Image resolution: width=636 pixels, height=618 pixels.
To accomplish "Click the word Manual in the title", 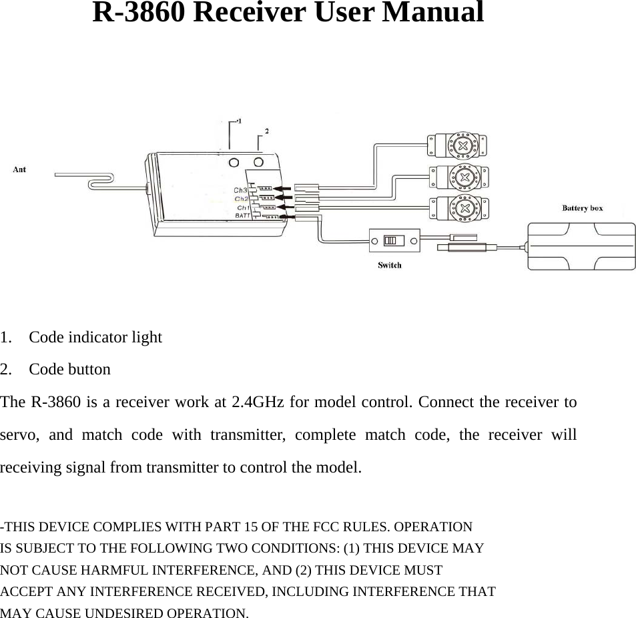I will pos(433,13).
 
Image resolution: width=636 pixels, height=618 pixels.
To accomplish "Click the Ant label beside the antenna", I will pos(20,170).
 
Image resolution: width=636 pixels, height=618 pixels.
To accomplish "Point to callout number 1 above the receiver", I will pos(240,121).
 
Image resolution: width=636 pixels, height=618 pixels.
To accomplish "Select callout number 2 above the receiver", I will pos(268,131).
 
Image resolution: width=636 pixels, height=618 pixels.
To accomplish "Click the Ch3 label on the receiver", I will pos(240,190).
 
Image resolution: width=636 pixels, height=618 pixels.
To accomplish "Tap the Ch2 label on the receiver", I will pos(241,199).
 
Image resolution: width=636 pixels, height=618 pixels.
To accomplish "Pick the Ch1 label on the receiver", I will pos(244,208).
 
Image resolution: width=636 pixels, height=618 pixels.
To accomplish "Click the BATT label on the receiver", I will pos(243,216).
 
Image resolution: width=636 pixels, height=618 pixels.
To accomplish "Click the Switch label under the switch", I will pos(390,265).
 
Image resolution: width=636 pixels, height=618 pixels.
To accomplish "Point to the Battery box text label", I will pos(582,208).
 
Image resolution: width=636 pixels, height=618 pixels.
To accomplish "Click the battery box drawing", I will pos(581,246).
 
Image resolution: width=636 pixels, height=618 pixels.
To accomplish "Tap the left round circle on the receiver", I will pos(234,162).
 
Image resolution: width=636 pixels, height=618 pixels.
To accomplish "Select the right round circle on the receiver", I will pos(258,162).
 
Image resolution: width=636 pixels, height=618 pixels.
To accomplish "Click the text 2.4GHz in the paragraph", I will pos(260,403).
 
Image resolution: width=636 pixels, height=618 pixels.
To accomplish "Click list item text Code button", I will pos(70,369).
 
